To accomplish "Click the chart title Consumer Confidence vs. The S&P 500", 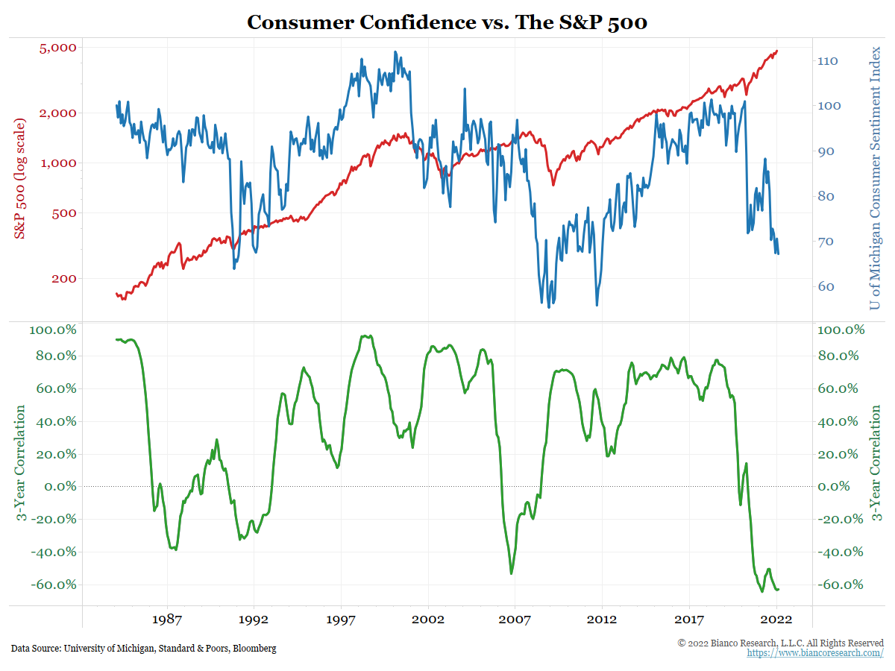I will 447,22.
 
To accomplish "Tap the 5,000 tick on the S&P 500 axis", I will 57,48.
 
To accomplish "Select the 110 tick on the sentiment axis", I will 830,61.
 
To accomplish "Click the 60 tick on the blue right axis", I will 827,287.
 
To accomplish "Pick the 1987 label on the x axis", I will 167,620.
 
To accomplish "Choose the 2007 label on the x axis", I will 515,620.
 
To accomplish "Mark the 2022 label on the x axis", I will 776,620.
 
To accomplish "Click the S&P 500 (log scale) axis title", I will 20,177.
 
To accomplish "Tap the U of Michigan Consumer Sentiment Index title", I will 876,177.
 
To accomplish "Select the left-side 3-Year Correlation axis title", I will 20,464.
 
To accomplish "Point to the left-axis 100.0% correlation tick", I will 54,330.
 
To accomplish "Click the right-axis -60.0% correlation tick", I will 841,585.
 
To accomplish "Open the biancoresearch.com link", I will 815,653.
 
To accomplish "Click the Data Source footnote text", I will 143,649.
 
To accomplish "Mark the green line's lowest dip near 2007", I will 512,573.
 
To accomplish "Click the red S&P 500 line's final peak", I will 776,51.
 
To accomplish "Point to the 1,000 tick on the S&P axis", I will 58,163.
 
